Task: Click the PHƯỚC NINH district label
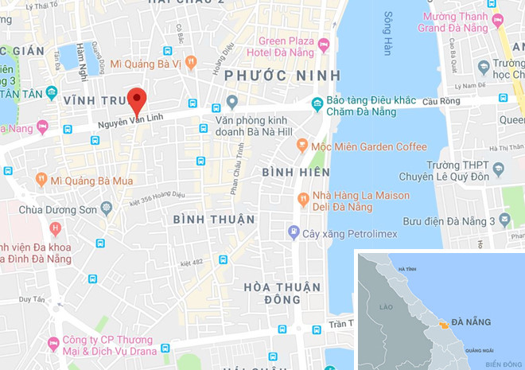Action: pos(282,76)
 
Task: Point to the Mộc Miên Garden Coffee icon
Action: pos(302,146)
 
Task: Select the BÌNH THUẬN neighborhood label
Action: pos(214,219)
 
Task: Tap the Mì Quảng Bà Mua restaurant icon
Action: pos(41,180)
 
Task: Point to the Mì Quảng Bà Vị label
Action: pos(146,63)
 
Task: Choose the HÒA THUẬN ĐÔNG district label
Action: pos(282,293)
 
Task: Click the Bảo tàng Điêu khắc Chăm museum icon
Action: pos(317,103)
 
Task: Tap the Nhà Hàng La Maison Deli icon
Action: pos(302,199)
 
